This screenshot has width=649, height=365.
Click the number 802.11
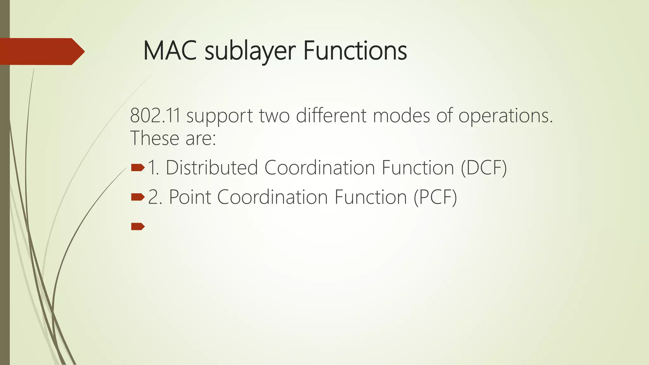155,116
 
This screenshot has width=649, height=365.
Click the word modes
402,116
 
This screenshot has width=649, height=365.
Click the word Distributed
212,168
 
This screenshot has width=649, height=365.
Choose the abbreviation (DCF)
484,168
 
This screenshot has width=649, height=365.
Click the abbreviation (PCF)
435,197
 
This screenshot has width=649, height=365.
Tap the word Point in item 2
190,197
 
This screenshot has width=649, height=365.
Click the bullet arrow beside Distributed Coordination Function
138,167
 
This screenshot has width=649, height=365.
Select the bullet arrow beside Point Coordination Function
138,197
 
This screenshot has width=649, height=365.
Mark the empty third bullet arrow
138,226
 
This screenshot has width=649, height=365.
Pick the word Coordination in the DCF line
319,168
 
